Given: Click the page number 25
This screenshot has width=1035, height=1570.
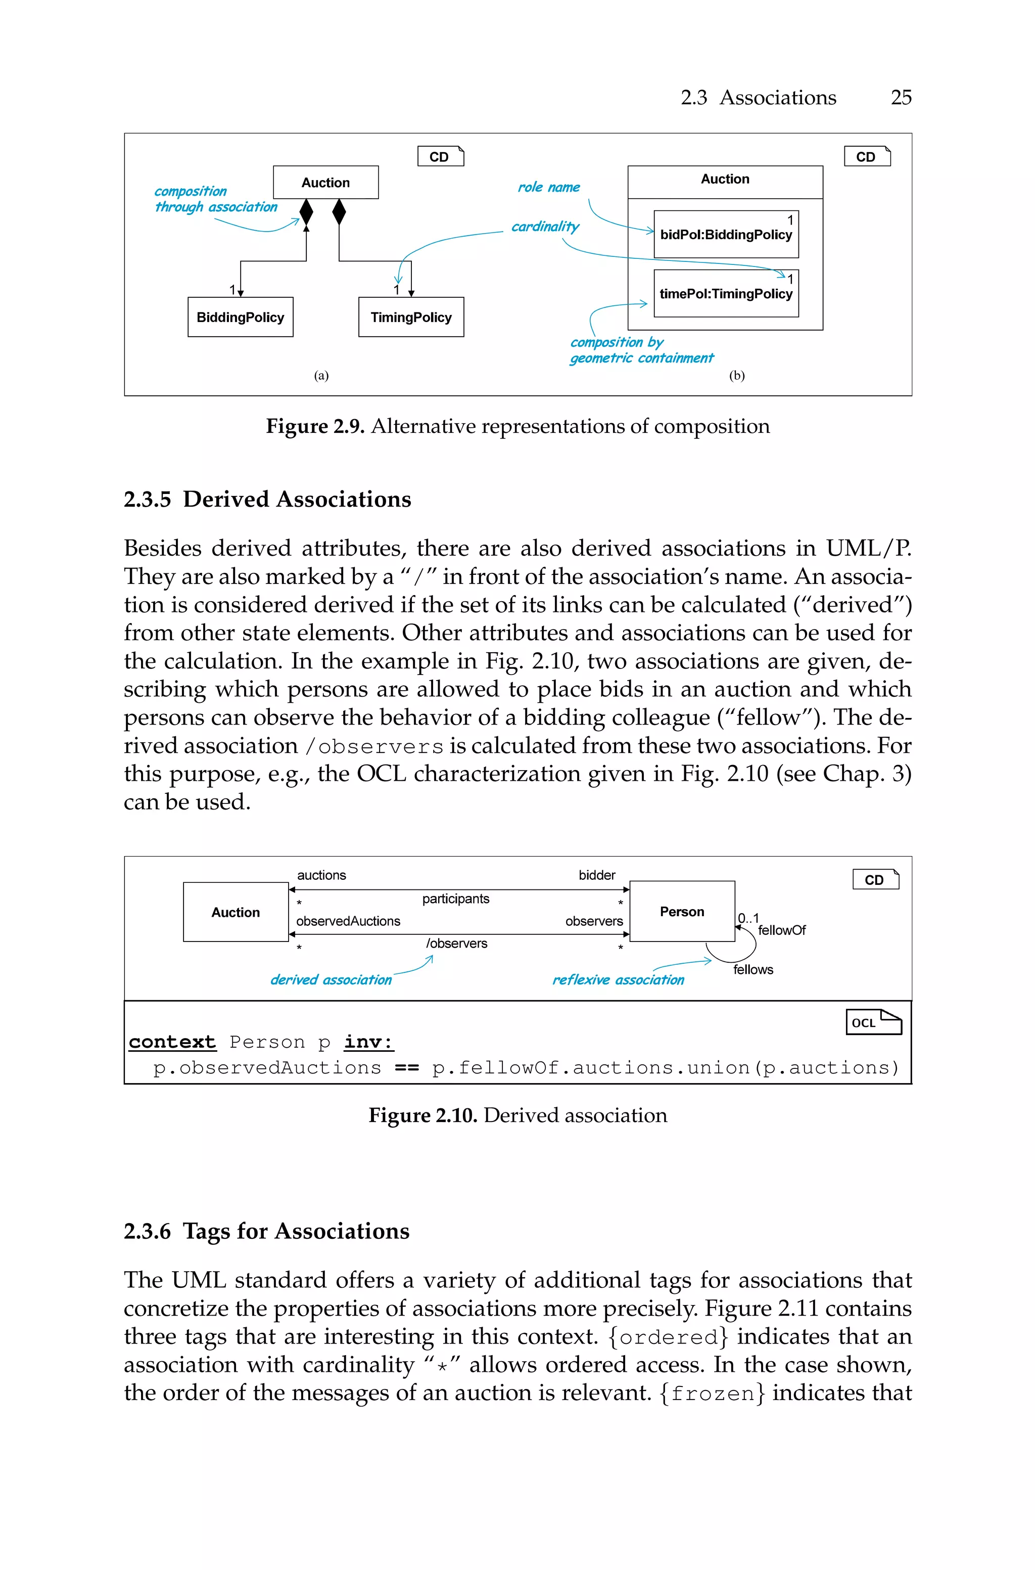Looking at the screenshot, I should pos(901,98).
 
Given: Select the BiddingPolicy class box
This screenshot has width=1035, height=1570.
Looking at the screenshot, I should pos(240,317).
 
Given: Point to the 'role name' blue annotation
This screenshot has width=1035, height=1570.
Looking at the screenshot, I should pos(548,188).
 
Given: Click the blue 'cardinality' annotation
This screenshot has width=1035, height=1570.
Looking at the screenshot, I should pos(545,227).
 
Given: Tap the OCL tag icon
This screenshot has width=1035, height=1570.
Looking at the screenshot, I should pos(873,1022).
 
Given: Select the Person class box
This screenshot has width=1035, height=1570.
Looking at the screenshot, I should pos(682,911).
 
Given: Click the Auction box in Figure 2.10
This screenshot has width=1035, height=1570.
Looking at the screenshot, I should pos(236,912).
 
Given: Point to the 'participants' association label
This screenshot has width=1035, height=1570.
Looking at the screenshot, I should pos(455,899).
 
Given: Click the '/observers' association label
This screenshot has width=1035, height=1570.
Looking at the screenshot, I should pos(456,944).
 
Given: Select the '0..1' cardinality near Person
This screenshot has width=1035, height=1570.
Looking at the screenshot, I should pos(748,918).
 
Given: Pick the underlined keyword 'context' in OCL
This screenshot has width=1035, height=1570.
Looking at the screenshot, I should pos(172,1042).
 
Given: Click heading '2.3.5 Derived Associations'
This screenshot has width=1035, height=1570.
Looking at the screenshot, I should pos(267,499).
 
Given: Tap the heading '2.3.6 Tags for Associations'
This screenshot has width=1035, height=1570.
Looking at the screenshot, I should pos(267,1231).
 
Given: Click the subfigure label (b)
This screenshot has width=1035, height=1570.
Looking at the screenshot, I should pos(737,376).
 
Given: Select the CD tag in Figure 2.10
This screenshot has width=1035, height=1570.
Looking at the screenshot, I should pos(875,879).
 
